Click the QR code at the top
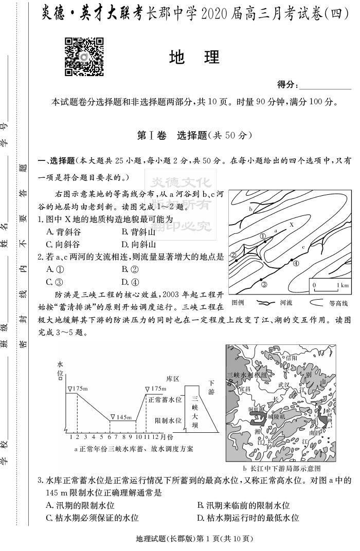coord(84,56)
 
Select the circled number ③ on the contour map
coord(263,284)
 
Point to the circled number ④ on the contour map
coord(296,264)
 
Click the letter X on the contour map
coord(291,225)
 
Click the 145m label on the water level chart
coord(123,417)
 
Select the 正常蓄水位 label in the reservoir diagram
coord(165,399)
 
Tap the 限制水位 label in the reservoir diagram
coord(168,420)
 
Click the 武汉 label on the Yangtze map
coord(283,384)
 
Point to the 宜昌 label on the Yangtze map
coord(244,389)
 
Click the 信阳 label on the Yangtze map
coord(291,357)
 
